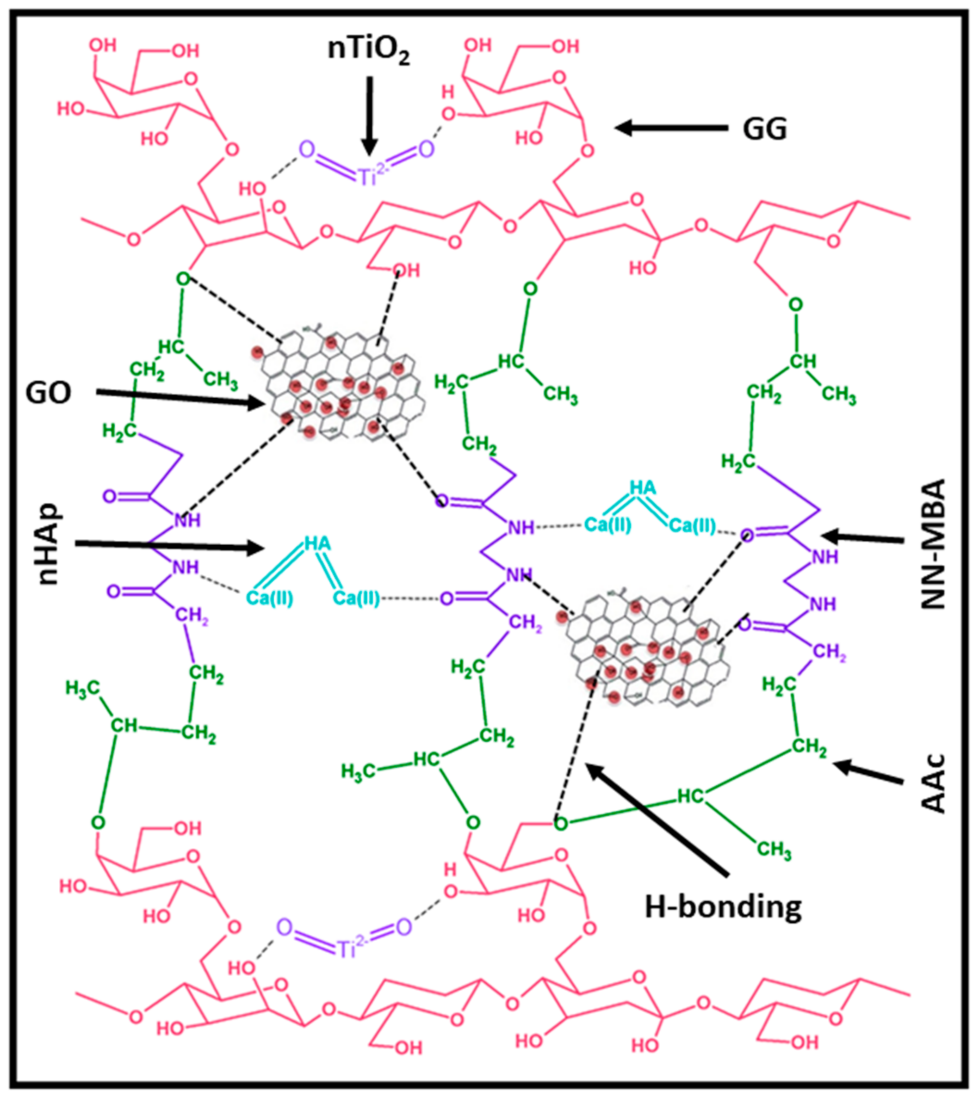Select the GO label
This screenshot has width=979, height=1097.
49,393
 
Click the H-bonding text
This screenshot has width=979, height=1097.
723,907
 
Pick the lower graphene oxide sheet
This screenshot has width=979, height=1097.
648,647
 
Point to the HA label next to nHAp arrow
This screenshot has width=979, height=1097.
317,544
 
